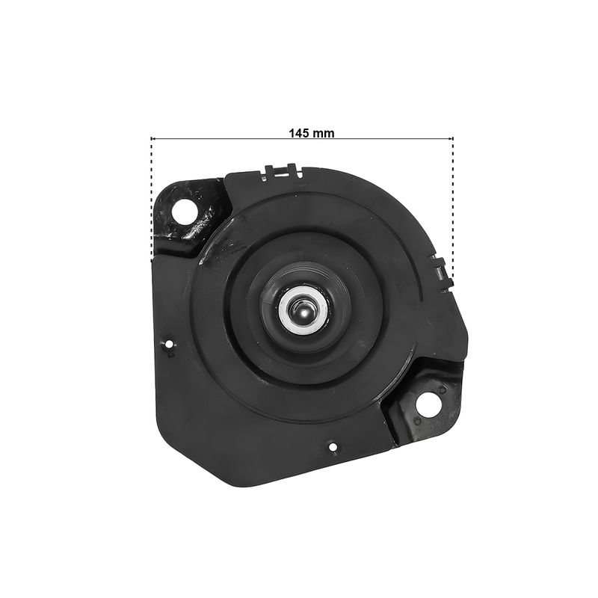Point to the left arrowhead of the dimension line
[x=153, y=139]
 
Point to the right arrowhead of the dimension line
[x=451, y=139]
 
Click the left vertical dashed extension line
[x=152, y=200]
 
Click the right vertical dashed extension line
[x=453, y=208]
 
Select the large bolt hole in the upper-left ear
[x=184, y=212]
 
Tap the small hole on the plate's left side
[x=169, y=345]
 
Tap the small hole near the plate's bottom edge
[x=333, y=446]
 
